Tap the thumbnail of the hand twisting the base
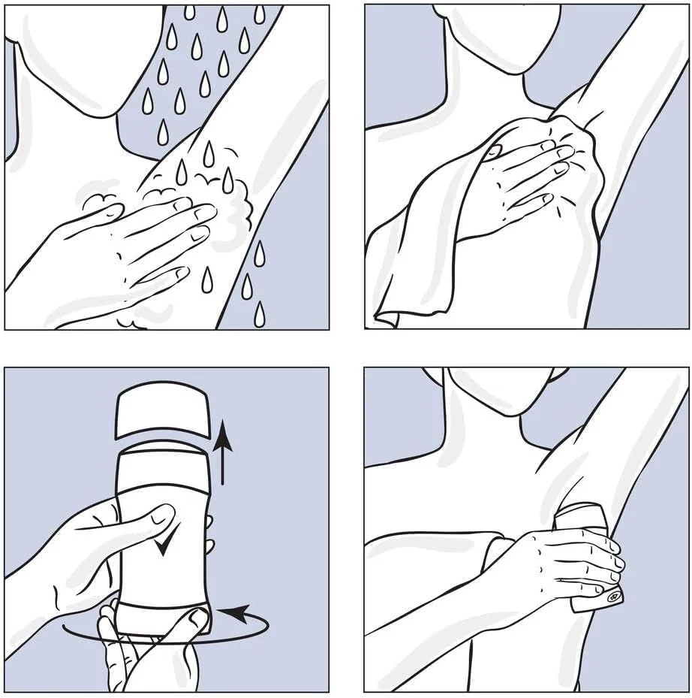tap(197, 618)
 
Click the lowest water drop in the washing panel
tap(259, 316)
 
